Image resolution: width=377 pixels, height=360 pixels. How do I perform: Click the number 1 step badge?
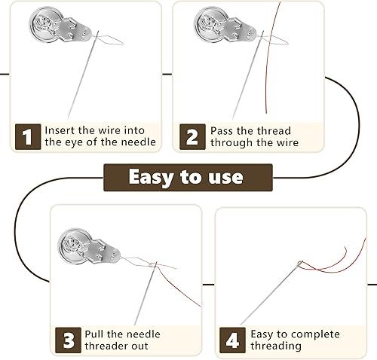tap(28, 137)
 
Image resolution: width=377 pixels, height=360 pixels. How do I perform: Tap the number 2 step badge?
tap(192, 137)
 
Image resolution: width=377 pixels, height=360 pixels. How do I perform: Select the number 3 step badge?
tap(68, 340)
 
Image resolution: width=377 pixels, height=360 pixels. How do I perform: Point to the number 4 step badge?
tap(232, 340)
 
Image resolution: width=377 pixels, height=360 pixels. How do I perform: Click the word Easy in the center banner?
tap(152, 177)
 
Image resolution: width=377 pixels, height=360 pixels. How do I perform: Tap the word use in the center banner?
tap(225, 178)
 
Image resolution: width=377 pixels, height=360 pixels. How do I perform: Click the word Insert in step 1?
tap(60, 130)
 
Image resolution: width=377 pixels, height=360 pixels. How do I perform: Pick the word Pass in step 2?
tap(222, 131)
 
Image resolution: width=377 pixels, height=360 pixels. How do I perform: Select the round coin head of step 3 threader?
tap(75, 246)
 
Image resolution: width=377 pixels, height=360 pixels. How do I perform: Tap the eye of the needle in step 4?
tap(300, 264)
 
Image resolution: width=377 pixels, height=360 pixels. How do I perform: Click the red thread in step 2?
tap(268, 58)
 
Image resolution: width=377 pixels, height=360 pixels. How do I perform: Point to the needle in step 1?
tap(83, 75)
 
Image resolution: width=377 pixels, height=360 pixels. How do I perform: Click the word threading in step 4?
tap(276, 346)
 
